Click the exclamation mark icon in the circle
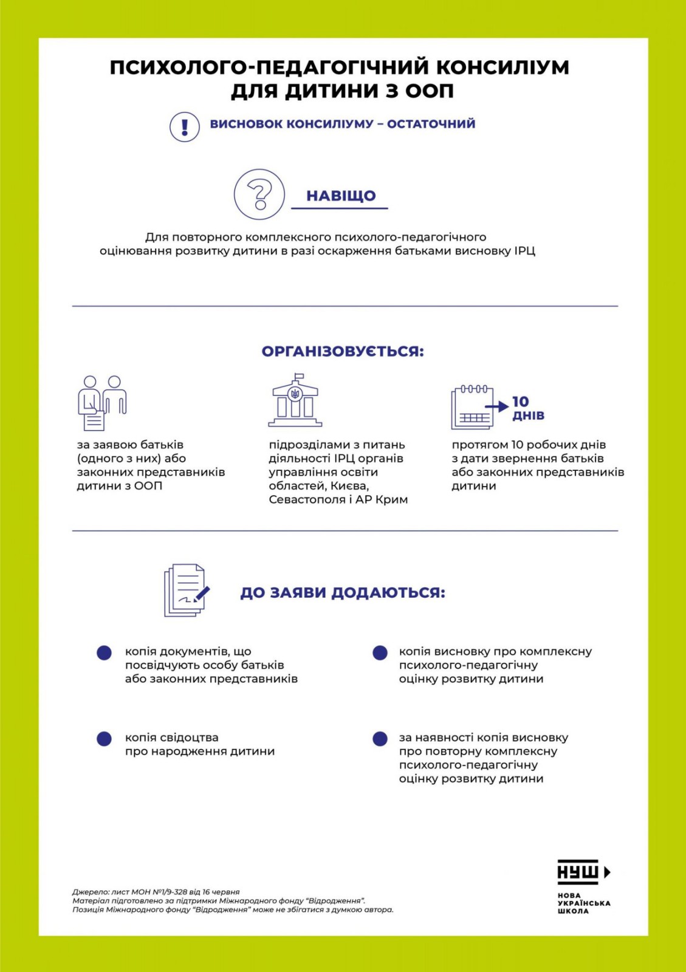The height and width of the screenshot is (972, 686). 185,127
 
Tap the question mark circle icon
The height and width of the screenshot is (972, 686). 259,194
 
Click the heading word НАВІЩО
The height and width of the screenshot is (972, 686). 341,196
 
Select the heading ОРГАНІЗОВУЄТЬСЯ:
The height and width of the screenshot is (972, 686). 343,352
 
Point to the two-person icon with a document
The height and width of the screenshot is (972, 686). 101,402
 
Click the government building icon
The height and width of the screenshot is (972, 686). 295,401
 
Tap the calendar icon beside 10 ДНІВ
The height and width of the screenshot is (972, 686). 473,407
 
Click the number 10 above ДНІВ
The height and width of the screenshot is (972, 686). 521,402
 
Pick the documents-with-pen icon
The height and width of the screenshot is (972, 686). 186,590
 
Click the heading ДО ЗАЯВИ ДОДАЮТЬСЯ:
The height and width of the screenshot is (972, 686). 343,592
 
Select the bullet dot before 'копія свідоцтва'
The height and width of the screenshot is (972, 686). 105,739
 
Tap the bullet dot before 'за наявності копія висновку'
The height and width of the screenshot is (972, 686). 380,739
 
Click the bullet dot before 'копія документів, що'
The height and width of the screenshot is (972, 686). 105,652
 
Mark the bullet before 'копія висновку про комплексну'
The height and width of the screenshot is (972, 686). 380,652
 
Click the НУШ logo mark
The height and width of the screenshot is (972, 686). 583,872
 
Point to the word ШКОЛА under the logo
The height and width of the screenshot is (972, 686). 573,911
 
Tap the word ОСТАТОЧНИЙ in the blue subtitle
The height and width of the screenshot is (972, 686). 431,124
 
